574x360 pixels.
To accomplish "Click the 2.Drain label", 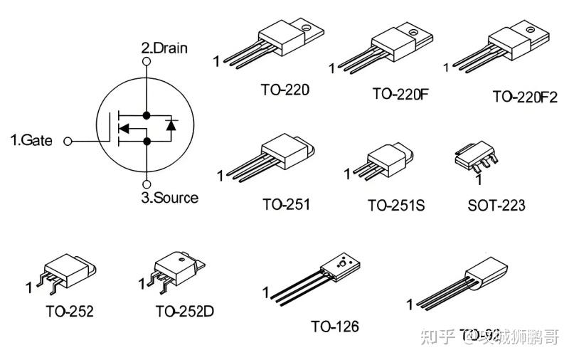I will pos(164,48).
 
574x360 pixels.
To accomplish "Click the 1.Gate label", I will pos(31,140).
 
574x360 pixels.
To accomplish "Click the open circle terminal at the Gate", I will pos(68,141).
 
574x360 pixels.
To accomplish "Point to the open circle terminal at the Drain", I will pos(147,62).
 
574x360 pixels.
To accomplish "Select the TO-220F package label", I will pos(400,93).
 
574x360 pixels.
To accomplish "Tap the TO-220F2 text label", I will pos(525,96).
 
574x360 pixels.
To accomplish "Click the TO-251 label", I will pos(286,204).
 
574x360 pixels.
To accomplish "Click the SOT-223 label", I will pos(496,206).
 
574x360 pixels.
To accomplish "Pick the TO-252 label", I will pos(70,311).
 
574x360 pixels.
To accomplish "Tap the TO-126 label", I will pos(334,327).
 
